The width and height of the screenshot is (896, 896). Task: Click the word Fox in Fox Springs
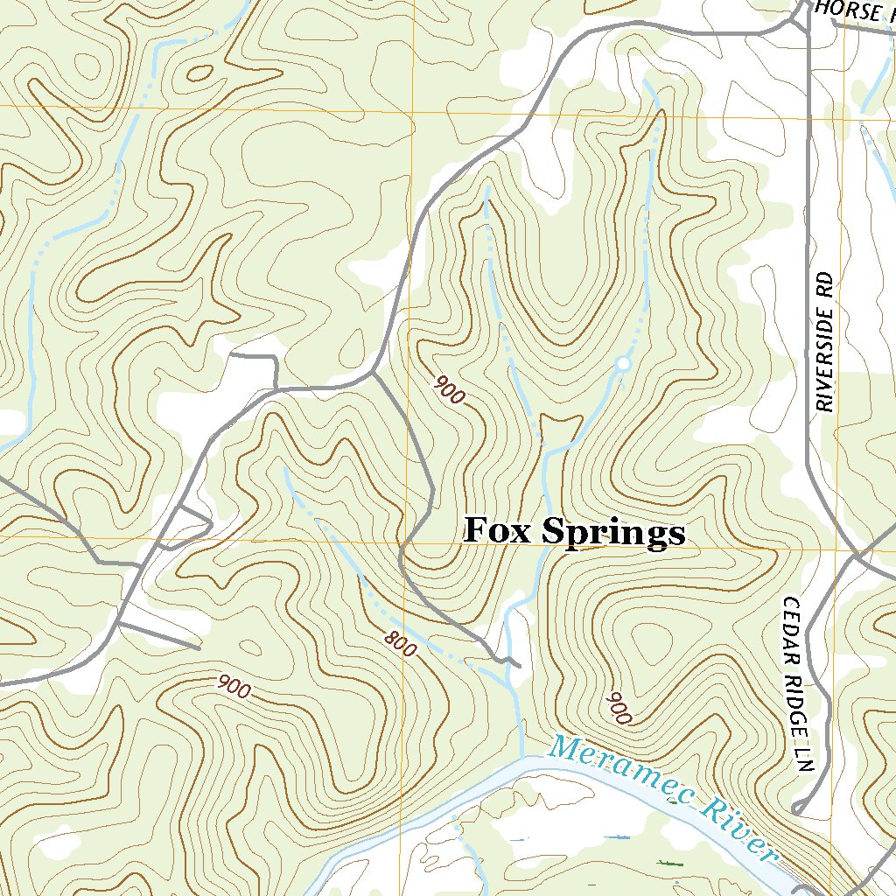coord(498,531)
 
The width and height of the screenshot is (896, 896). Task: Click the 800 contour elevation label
coord(399,645)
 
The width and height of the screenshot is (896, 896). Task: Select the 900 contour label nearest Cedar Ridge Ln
coord(619,707)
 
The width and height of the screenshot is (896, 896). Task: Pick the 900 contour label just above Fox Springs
coord(449,389)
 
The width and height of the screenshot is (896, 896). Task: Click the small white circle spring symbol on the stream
coord(623,362)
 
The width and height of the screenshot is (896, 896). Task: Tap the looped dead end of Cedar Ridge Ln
coord(797,807)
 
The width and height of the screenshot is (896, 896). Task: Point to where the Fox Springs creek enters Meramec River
coord(521,758)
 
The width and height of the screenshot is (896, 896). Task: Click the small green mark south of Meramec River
coord(670,864)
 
